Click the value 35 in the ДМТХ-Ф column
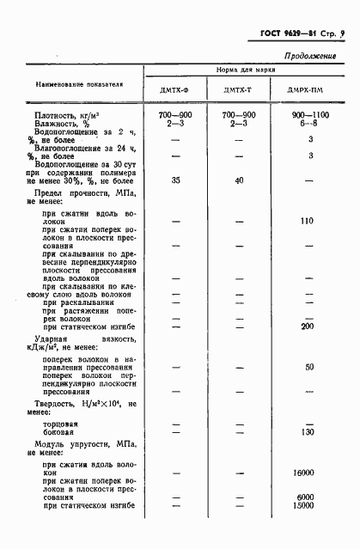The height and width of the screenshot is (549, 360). tap(175, 180)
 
